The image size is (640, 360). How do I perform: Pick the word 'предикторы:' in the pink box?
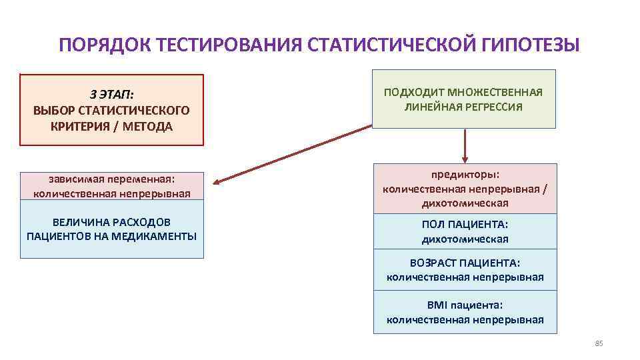[x=465, y=175]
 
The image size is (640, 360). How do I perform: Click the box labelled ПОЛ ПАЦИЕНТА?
[x=465, y=231]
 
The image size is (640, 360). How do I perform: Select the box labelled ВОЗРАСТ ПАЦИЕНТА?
[x=465, y=269]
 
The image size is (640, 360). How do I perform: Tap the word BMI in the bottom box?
[x=439, y=305]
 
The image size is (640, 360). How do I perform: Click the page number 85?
[x=598, y=343]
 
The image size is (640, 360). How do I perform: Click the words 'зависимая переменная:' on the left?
[x=111, y=179]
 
